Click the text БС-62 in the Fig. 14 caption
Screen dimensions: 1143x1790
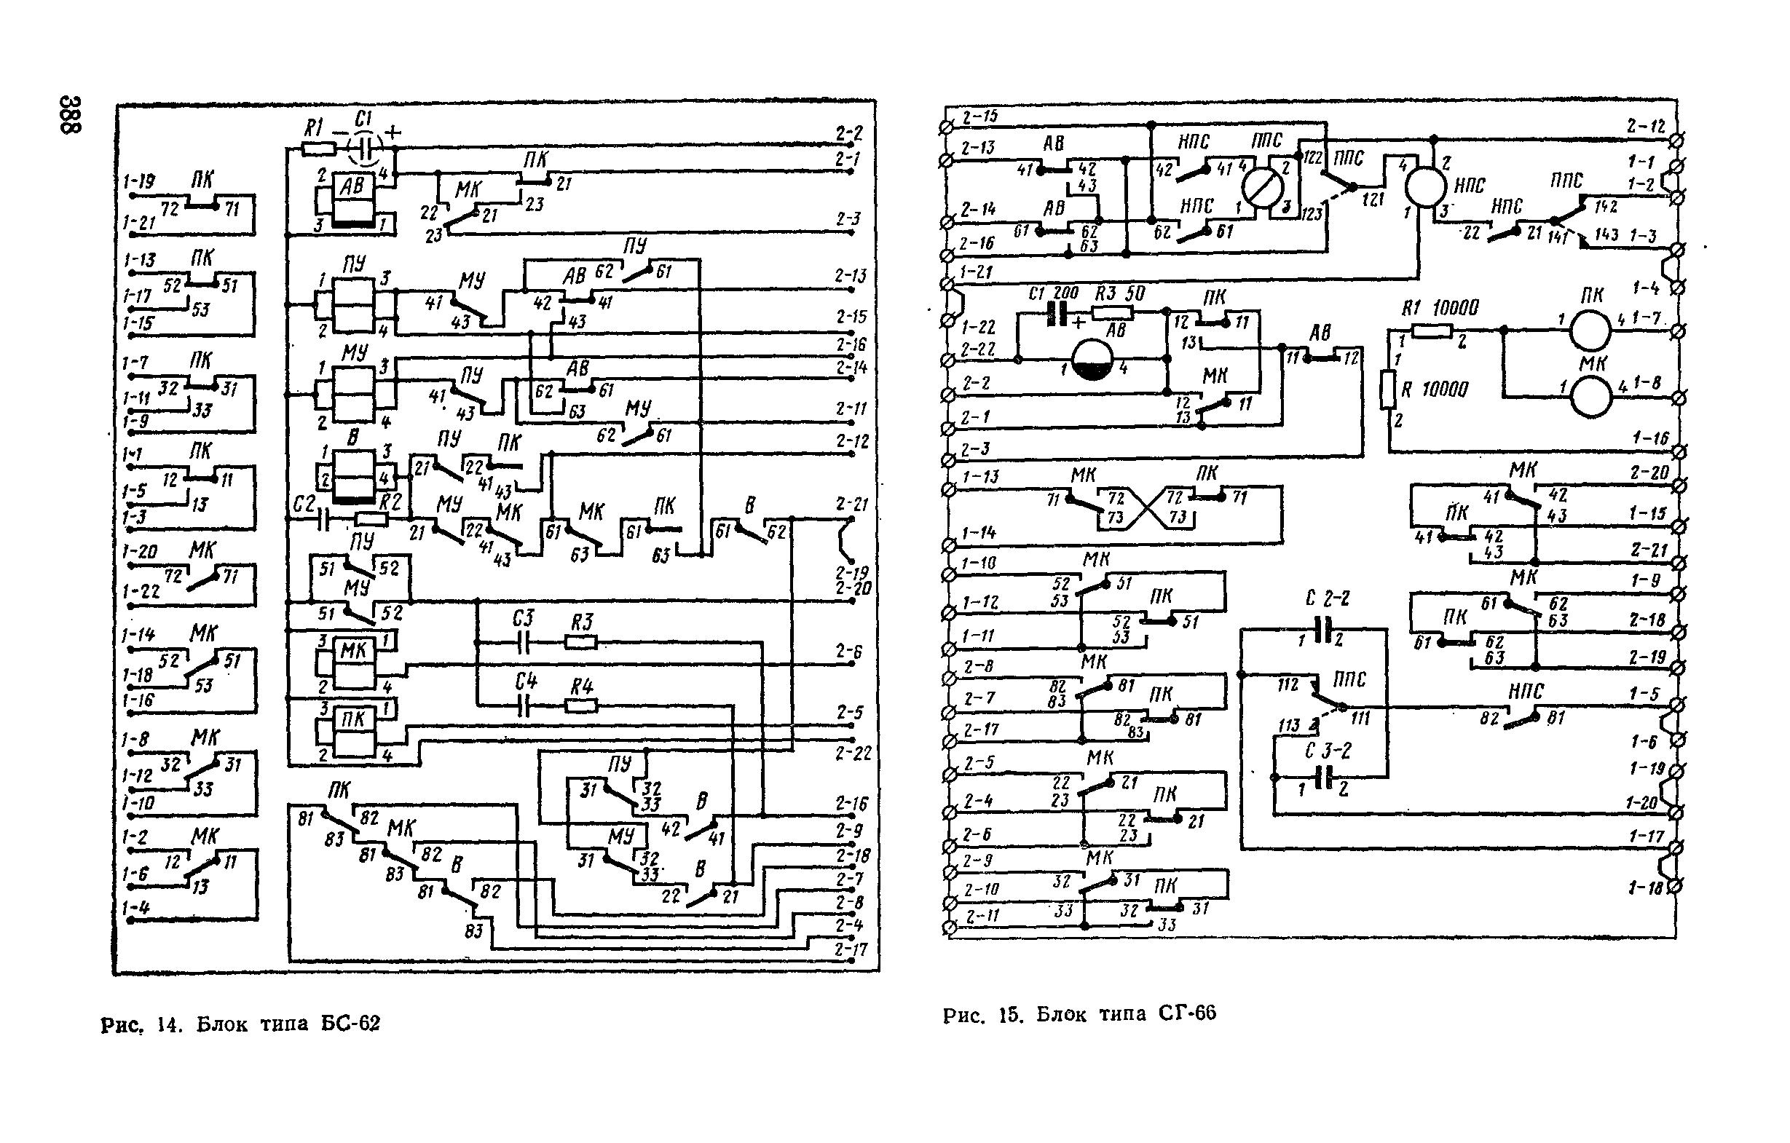350,1024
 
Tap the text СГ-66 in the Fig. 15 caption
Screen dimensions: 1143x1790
1188,1013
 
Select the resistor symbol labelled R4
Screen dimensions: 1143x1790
581,705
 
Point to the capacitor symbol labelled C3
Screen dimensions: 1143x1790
524,642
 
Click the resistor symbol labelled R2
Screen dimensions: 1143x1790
371,519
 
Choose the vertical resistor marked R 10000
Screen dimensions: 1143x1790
1388,389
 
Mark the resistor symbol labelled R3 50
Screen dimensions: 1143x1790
1113,313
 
